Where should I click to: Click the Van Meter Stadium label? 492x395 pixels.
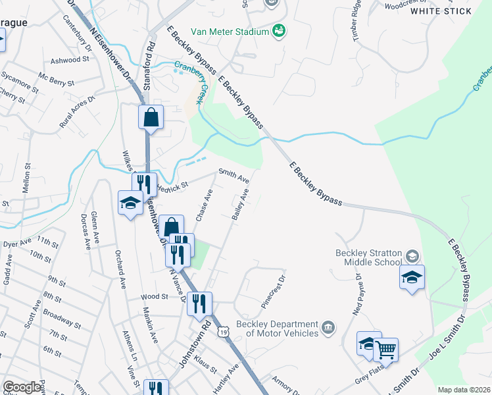pyautogui.click(x=230, y=32)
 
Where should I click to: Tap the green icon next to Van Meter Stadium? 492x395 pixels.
pyautogui.click(x=279, y=31)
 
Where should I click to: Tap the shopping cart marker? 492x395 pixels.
pyautogui.click(x=385, y=349)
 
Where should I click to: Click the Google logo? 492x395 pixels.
pyautogui.click(x=22, y=387)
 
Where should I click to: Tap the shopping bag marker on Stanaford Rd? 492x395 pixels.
pyautogui.click(x=151, y=118)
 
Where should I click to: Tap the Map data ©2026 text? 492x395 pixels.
pyautogui.click(x=463, y=390)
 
